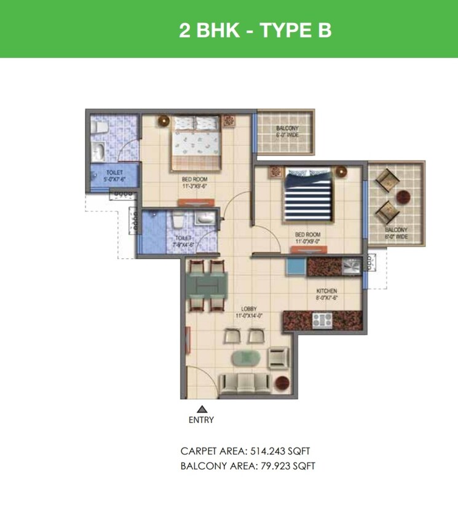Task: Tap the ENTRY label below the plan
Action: [x=201, y=420]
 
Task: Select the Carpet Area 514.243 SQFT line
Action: [x=250, y=451]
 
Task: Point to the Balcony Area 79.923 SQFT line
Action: [x=248, y=466]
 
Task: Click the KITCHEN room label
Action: [x=326, y=291]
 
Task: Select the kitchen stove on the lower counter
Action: [x=323, y=320]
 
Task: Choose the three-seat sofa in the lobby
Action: [x=245, y=384]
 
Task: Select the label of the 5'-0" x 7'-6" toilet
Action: [x=115, y=176]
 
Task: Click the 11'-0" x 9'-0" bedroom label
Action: [x=307, y=238]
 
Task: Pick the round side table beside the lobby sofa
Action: [x=282, y=381]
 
